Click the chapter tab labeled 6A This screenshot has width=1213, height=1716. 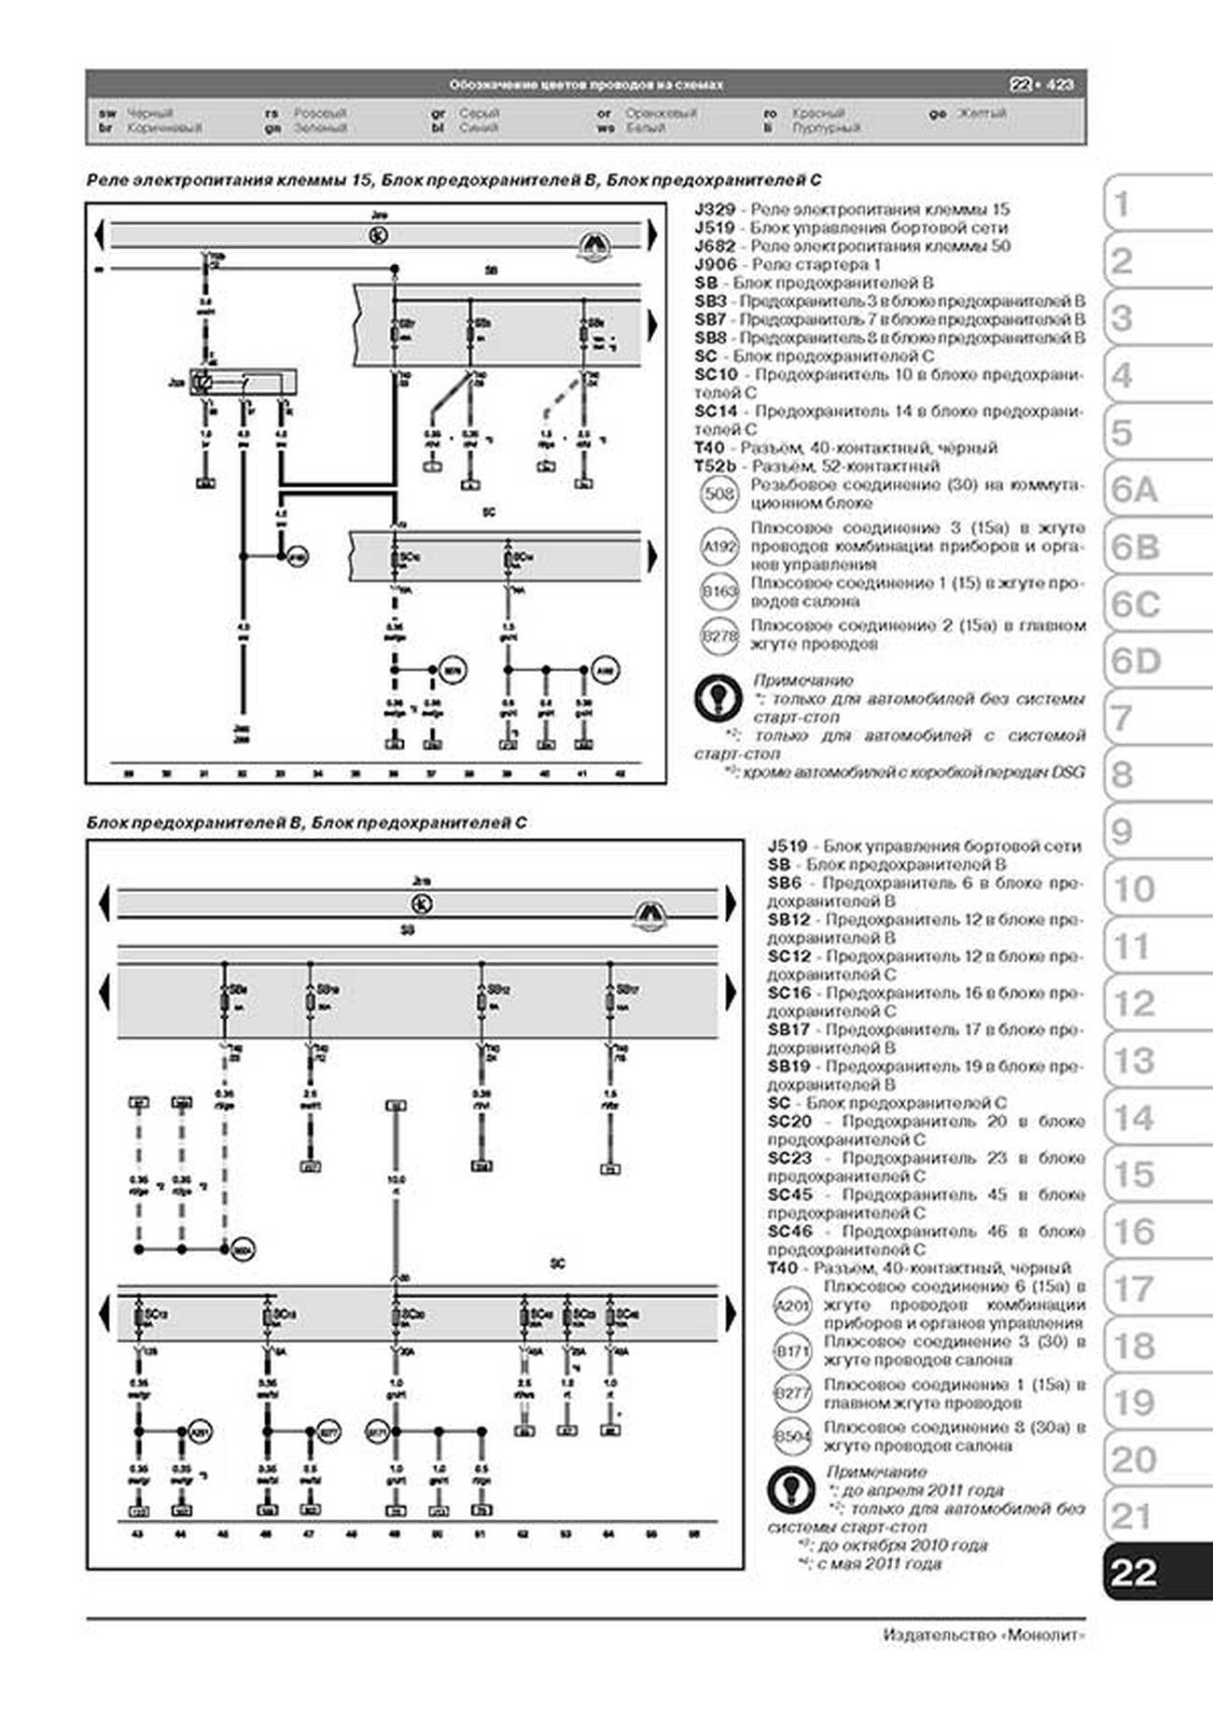(1134, 489)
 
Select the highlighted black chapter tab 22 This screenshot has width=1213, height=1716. (1134, 1572)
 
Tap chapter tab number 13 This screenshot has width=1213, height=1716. (1134, 1061)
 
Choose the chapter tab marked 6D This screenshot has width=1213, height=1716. (1135, 661)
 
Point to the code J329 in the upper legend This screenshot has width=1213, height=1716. (715, 210)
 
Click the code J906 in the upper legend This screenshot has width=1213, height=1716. (715, 265)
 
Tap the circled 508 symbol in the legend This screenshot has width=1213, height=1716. (719, 494)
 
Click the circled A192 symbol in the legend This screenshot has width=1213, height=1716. (719, 546)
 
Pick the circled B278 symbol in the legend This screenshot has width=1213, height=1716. (719, 635)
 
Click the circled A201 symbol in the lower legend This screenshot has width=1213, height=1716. (792, 1305)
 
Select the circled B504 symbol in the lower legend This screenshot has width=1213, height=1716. (792, 1437)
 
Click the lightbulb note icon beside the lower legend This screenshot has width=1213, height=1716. (790, 1490)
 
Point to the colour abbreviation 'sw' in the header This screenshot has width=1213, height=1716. (107, 113)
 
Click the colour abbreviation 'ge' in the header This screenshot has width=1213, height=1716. (937, 113)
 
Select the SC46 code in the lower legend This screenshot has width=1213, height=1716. (789, 1232)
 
